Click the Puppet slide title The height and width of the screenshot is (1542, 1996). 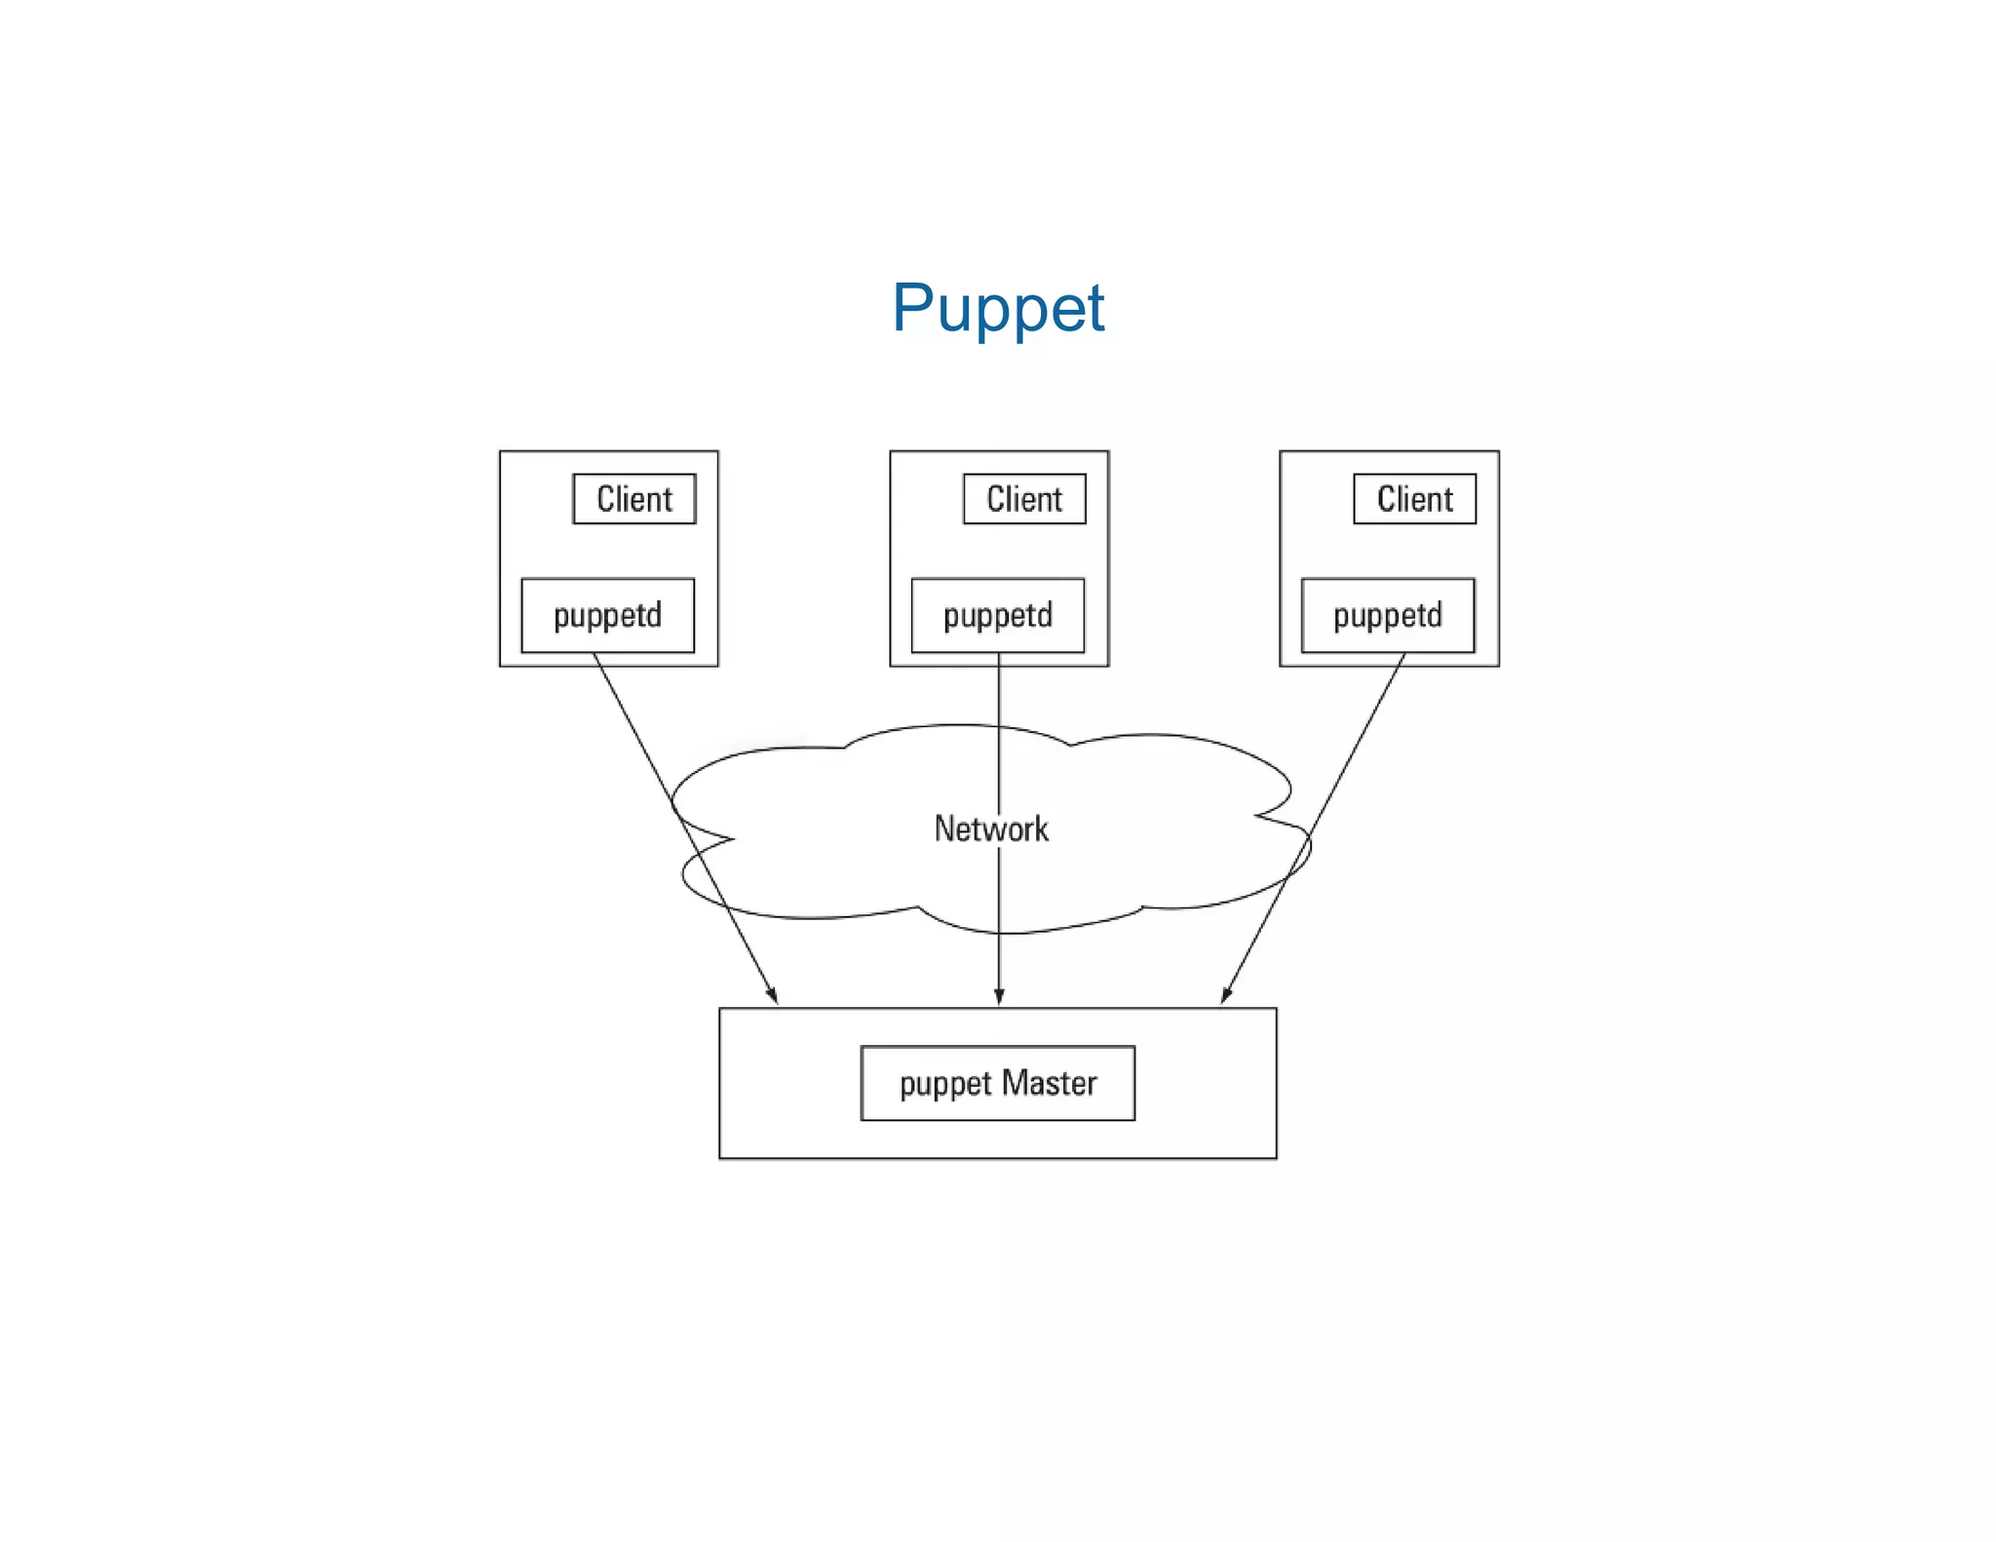(998, 308)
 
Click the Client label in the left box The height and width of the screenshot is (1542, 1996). (634, 499)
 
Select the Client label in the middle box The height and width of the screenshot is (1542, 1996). (1024, 499)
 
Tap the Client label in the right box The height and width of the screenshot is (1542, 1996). (1414, 499)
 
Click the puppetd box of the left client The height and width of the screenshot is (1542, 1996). (608, 615)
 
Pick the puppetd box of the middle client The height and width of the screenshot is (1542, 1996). (998, 615)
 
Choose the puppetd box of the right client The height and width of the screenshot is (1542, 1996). (1388, 615)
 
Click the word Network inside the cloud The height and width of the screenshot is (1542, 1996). (991, 829)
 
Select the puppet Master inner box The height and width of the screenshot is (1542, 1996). (998, 1083)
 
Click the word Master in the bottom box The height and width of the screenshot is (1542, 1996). (1050, 1083)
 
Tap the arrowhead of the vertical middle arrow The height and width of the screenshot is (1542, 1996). (999, 998)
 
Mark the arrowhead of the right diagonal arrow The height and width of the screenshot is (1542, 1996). (1226, 996)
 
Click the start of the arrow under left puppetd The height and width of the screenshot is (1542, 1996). (595, 656)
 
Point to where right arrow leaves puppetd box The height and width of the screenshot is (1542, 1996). (1404, 656)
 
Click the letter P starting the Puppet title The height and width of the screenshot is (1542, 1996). (914, 308)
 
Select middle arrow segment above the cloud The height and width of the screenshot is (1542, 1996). (999, 692)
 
